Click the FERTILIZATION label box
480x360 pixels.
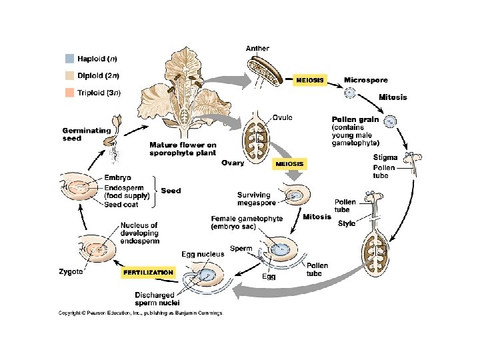(x=148, y=272)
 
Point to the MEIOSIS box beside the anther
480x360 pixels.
(x=309, y=80)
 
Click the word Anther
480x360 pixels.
(x=257, y=49)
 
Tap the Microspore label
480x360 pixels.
(x=365, y=80)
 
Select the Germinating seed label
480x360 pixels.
(x=81, y=134)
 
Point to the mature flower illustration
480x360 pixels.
(x=177, y=93)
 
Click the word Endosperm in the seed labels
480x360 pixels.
(x=121, y=187)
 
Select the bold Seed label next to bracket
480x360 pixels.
(x=171, y=191)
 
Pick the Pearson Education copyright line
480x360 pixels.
(x=140, y=312)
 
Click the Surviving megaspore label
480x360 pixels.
(x=254, y=199)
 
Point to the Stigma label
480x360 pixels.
(x=385, y=157)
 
